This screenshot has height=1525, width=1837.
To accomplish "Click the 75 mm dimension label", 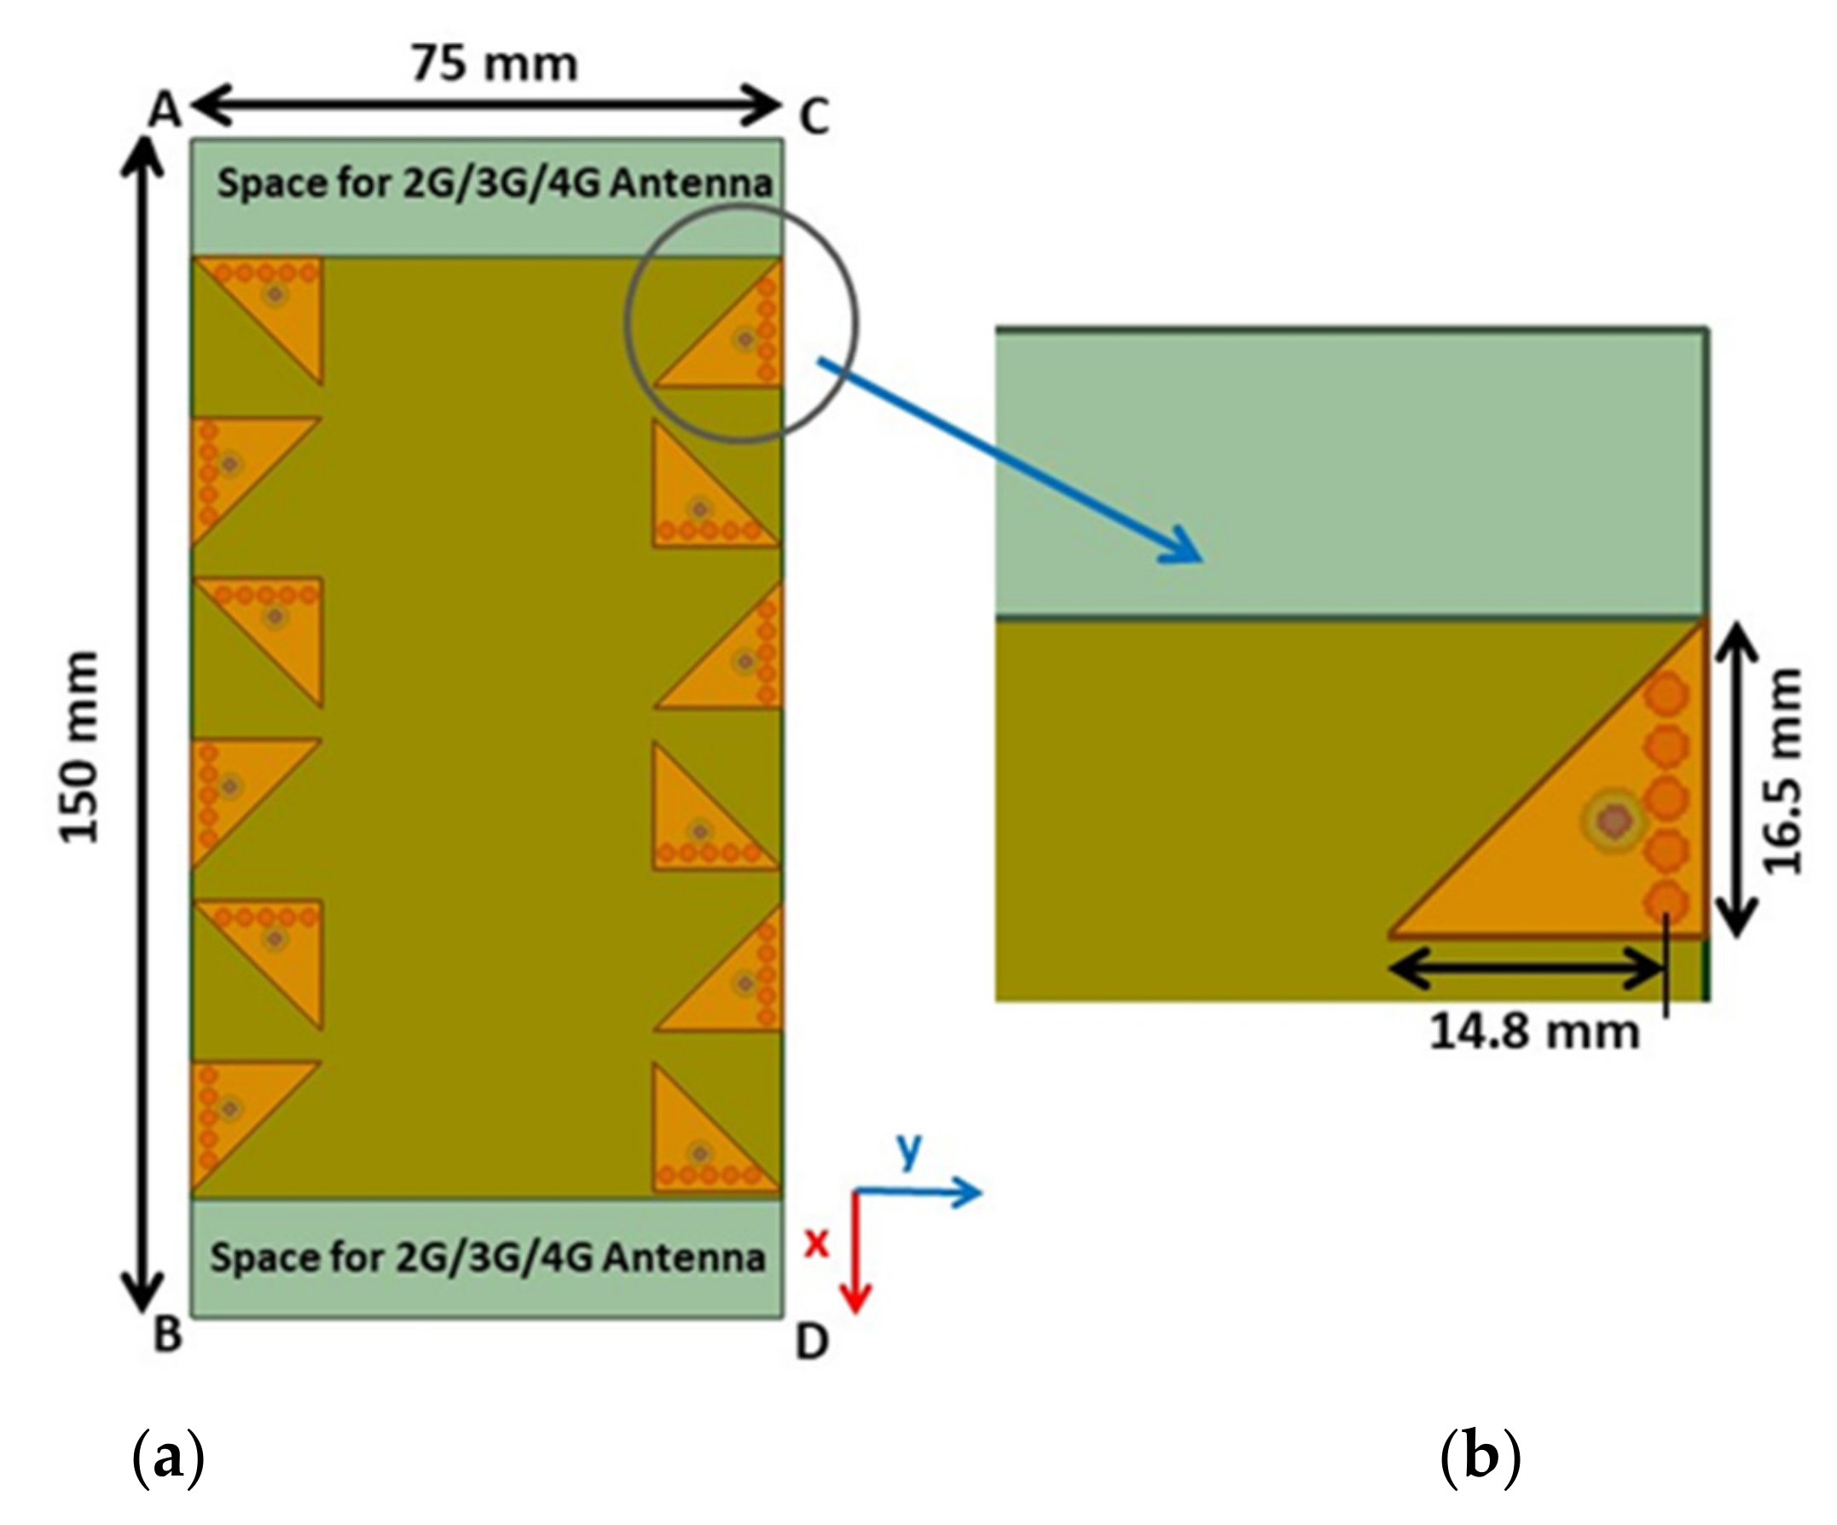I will click(x=495, y=65).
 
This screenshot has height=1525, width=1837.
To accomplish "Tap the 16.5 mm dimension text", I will click(x=1782, y=771).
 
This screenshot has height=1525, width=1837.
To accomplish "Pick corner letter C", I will click(x=814, y=117).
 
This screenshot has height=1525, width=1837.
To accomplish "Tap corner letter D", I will click(x=812, y=1342).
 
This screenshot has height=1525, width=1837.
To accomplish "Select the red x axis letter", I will click(x=815, y=1242).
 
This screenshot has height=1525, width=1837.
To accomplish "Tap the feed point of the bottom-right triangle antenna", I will click(x=699, y=1153).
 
